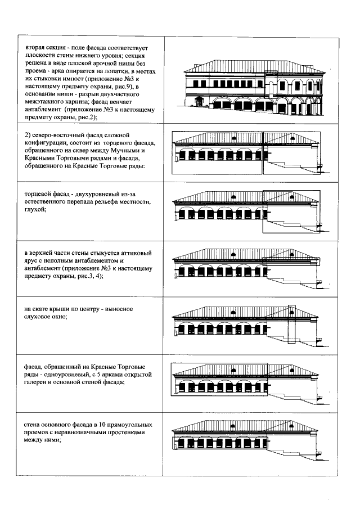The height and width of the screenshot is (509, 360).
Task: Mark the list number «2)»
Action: click(x=28, y=136)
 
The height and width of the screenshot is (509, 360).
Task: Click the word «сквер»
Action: click(x=84, y=151)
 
